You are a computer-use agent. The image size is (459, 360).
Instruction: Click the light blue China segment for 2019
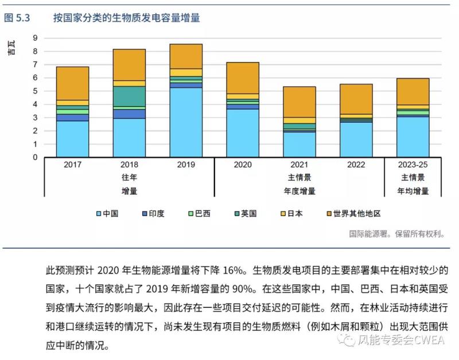[x=185, y=122]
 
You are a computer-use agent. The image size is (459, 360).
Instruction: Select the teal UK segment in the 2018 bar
[x=129, y=96]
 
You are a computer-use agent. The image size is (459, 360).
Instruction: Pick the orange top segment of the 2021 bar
[x=299, y=101]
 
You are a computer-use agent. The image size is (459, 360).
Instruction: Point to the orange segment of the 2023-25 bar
[x=413, y=91]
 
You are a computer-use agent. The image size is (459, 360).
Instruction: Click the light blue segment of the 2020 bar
[x=242, y=133]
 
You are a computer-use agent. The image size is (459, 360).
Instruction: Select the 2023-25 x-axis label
[x=413, y=165]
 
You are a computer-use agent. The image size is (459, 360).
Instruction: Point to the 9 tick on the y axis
[x=36, y=38]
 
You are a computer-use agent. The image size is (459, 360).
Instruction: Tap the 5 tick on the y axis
[x=36, y=91]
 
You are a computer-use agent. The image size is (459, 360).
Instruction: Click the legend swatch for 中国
[x=99, y=213]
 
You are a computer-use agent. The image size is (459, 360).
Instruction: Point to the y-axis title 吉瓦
[x=11, y=48]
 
